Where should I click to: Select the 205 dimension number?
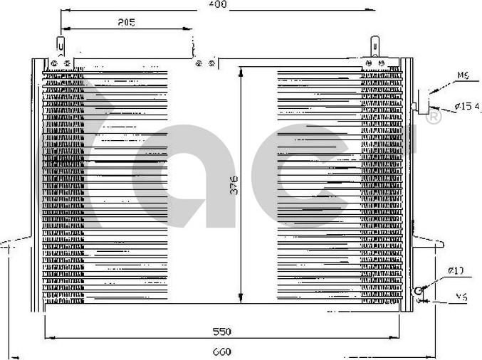click(x=126, y=23)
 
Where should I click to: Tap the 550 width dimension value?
click(x=223, y=332)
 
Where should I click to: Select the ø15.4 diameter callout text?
click(x=467, y=107)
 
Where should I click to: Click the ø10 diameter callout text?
click(x=456, y=270)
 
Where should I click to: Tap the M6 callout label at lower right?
click(x=461, y=298)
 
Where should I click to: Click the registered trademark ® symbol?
click(x=433, y=118)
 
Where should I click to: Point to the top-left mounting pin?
click(x=61, y=48)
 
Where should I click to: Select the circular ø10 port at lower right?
click(x=420, y=290)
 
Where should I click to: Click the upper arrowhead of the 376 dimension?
click(x=242, y=72)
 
